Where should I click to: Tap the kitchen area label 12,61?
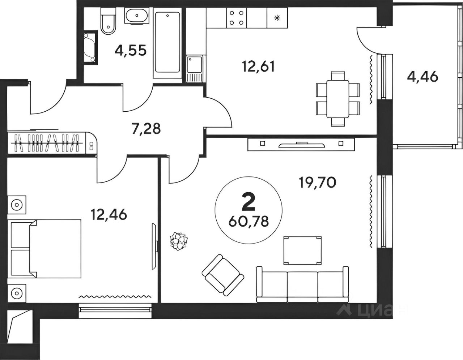pos(258,67)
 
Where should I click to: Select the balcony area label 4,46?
pos(422,77)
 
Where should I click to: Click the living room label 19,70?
pos(318,183)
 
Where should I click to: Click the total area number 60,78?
pos(249,222)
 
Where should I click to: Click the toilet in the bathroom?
pos(109,21)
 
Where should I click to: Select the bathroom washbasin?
pos(136,16)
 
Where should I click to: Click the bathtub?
pos(167,43)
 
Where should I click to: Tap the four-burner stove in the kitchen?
pos(236,18)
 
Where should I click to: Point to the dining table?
pos(337,99)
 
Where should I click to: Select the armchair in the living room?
pos(223,275)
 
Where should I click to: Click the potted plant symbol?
pos(179,241)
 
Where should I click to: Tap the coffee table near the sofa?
pos(302,250)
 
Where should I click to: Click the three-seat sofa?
pos(302,284)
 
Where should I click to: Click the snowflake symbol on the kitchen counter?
pos(277,18)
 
